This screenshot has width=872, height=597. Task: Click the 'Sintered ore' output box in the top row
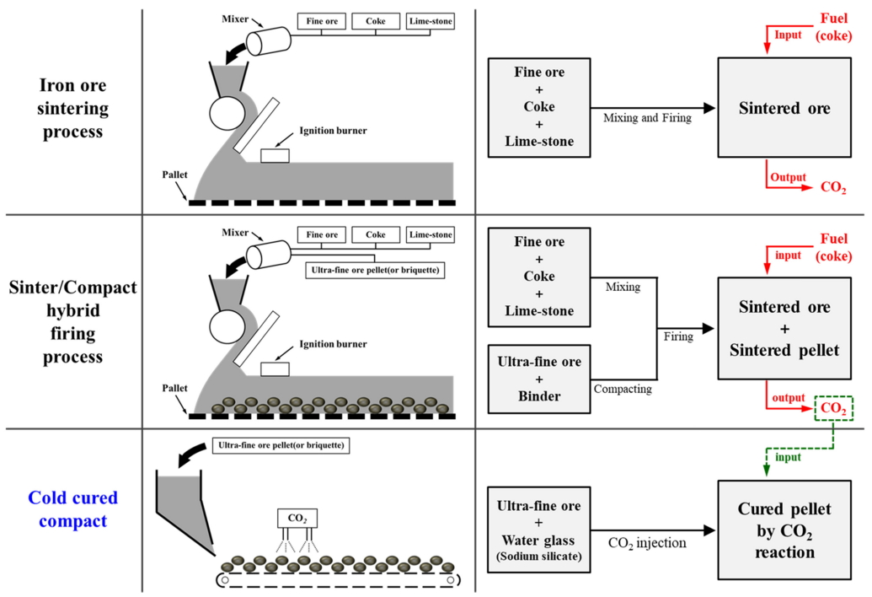(x=784, y=107)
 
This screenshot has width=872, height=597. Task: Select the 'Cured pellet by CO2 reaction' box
(x=784, y=530)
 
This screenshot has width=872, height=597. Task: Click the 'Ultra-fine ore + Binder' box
(x=540, y=378)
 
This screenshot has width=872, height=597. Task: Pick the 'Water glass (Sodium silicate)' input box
(x=540, y=530)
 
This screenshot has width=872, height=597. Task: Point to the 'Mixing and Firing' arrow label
(x=647, y=118)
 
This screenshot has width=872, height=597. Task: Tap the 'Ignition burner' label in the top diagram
(x=333, y=132)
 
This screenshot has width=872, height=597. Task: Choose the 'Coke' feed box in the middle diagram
(x=376, y=234)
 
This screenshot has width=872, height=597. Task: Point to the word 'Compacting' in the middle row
(x=623, y=389)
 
